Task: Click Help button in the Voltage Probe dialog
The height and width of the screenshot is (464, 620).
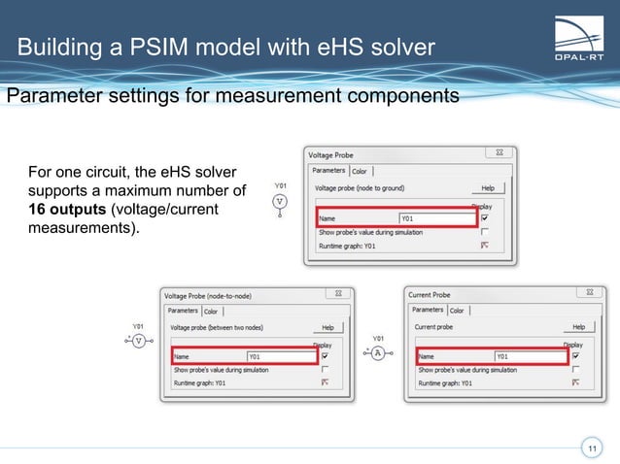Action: click(x=487, y=187)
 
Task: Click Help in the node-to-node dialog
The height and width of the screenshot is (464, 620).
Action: click(x=327, y=328)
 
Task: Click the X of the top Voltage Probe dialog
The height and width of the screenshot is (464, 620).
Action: click(x=499, y=152)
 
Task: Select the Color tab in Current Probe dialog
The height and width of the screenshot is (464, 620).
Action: click(x=457, y=311)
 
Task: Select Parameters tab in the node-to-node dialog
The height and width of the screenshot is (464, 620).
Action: click(x=182, y=312)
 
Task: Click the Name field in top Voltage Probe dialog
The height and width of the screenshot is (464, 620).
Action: click(x=436, y=218)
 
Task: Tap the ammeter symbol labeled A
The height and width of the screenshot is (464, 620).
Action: click(x=379, y=353)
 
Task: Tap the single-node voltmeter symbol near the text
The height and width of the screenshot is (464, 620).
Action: click(x=280, y=202)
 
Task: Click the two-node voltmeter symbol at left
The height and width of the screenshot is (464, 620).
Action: click(x=138, y=341)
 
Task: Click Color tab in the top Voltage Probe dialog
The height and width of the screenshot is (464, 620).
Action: click(x=360, y=171)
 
